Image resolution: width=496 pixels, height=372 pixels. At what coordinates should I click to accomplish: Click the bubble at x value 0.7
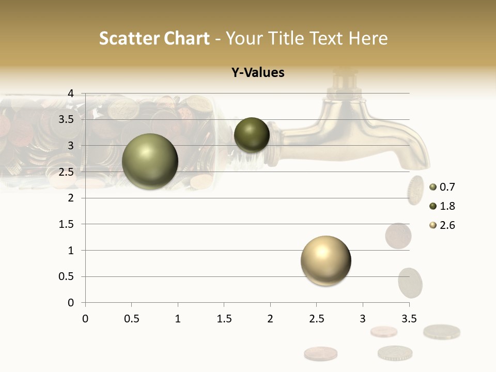150,161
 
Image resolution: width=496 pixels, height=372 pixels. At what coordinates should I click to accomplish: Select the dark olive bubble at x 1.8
252,135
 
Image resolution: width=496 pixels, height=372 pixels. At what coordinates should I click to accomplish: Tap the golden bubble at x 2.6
326,260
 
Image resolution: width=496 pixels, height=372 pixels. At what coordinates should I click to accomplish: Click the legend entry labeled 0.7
442,187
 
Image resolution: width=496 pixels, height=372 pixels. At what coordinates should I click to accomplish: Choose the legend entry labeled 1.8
442,206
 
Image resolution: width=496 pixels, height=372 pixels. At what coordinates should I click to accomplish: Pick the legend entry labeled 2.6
442,225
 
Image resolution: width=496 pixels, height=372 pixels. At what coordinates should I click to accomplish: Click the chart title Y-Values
258,73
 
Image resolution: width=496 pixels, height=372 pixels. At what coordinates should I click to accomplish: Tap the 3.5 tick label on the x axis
409,319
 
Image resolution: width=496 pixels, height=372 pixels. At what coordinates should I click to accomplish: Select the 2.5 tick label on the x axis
316,319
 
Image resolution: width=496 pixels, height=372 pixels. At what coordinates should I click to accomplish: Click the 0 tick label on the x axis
85,319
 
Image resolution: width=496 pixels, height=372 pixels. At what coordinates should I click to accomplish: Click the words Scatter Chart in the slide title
154,38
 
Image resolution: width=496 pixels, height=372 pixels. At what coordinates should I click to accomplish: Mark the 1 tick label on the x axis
178,319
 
